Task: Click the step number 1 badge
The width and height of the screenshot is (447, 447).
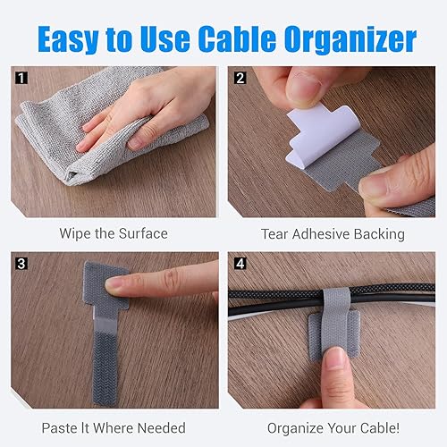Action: [x=22, y=77]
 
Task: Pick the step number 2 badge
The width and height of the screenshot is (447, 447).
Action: [x=239, y=77]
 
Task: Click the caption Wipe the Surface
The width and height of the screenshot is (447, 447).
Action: [x=114, y=233]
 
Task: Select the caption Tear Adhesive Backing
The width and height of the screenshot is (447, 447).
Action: [x=333, y=234]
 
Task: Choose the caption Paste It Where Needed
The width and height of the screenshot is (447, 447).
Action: [x=114, y=428]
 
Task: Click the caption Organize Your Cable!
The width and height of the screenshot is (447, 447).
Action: [x=333, y=428]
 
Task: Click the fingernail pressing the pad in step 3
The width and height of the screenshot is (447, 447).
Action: [x=116, y=284]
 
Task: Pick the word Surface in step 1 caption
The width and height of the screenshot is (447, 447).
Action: [x=141, y=233]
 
